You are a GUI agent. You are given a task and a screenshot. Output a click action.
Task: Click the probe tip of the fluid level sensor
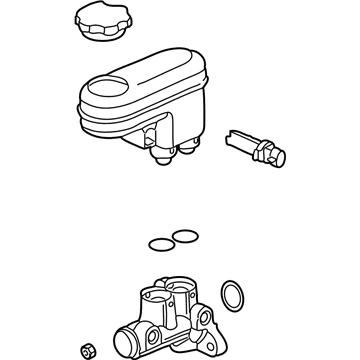point(232,131)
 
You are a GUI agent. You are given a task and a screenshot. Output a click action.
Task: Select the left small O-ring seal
point(158,243)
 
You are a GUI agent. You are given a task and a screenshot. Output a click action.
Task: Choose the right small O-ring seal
point(183,236)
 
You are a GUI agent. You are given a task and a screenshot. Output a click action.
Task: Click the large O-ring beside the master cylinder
point(230,296)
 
